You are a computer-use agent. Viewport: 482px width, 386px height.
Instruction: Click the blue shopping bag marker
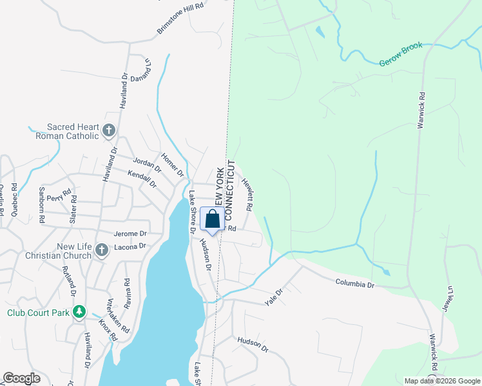click(212, 220)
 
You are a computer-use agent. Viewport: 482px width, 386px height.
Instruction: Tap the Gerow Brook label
click(400, 55)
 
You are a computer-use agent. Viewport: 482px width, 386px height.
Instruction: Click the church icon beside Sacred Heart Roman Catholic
click(109, 131)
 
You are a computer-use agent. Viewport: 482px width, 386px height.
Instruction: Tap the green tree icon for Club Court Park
click(79, 313)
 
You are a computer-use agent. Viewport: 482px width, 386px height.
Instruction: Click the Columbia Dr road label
click(354, 283)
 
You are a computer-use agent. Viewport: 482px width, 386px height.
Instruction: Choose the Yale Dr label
click(274, 297)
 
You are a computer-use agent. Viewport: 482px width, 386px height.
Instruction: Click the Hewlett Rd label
click(247, 192)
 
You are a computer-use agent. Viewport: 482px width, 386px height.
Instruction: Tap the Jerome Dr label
click(130, 234)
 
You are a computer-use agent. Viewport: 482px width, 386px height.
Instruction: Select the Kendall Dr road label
click(142, 179)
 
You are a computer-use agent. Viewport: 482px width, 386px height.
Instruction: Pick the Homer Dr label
click(172, 166)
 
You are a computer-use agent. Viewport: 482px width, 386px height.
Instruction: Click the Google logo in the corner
click(21, 378)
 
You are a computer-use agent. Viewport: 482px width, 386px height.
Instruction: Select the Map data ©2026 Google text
click(441, 381)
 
